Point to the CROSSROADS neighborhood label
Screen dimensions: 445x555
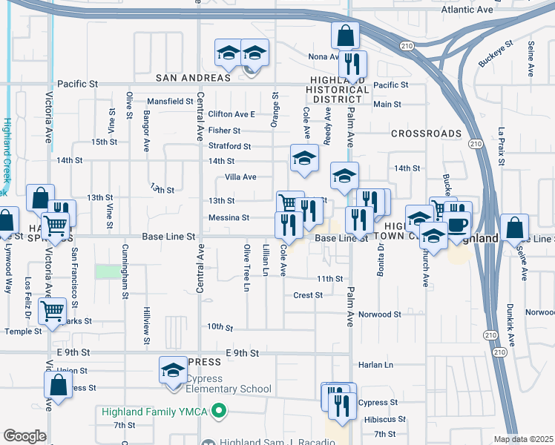coord(427,133)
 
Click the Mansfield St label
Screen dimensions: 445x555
coord(170,101)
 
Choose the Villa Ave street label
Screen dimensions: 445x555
coord(240,177)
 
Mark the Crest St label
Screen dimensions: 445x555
coord(308,295)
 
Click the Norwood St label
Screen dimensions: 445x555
coord(379,314)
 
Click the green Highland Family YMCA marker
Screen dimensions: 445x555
coord(218,410)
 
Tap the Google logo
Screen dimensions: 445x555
coord(24,436)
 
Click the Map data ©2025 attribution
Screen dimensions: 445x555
coord(524,439)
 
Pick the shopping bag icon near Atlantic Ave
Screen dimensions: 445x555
coord(346,35)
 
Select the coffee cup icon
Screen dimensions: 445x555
coord(457,223)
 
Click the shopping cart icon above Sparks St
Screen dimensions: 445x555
coord(53,311)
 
